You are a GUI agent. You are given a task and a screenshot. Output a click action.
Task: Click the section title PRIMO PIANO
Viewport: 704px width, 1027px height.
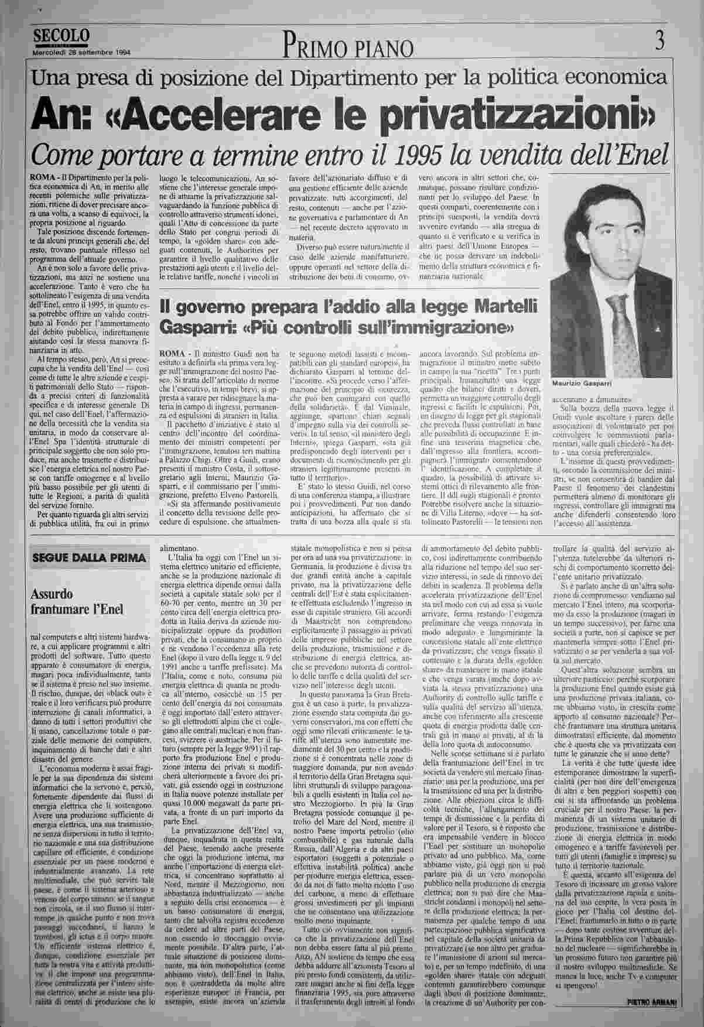tap(350, 46)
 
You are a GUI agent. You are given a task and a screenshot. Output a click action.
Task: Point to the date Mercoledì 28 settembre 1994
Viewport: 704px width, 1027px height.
tap(81, 51)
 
